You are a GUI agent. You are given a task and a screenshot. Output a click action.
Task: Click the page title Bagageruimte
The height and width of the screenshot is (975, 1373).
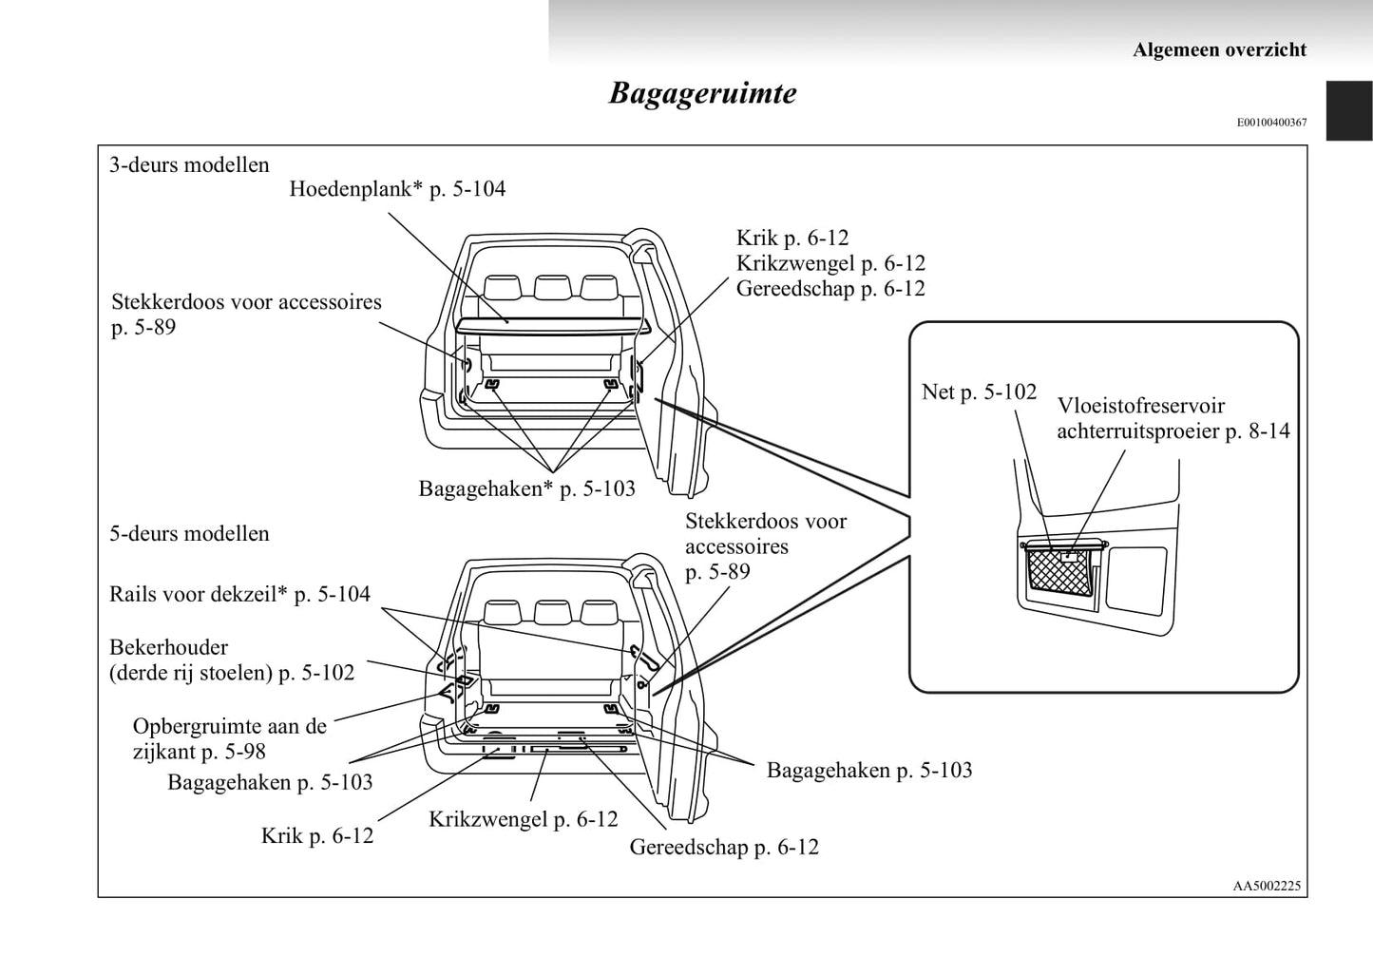click(x=702, y=93)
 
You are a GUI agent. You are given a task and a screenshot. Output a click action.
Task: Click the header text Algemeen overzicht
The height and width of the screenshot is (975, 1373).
click(x=1219, y=49)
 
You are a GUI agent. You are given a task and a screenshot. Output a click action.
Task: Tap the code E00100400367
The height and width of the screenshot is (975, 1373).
click(x=1271, y=123)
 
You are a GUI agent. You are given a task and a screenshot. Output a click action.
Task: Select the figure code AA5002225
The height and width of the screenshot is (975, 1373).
click(x=1267, y=885)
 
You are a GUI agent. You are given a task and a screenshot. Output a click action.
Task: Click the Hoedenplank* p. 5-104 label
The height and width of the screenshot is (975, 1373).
click(x=397, y=189)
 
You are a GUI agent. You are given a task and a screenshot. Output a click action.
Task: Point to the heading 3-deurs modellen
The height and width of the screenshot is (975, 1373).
click(x=189, y=164)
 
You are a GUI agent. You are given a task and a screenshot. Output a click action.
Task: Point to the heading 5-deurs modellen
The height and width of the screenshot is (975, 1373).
click(x=189, y=533)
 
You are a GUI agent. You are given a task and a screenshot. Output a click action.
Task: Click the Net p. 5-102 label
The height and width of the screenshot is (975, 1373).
click(x=979, y=392)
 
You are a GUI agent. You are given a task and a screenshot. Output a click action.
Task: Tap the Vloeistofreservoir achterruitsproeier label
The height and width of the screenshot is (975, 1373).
click(x=1173, y=418)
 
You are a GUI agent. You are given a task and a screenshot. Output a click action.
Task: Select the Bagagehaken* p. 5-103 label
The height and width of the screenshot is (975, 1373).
click(x=526, y=488)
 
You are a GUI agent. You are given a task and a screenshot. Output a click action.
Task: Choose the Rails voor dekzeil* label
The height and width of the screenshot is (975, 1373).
click(x=239, y=595)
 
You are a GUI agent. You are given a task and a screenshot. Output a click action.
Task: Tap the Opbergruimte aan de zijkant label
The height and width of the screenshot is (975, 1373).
click(x=229, y=738)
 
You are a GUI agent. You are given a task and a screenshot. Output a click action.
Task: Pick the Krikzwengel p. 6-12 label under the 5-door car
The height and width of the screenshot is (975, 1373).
click(x=523, y=819)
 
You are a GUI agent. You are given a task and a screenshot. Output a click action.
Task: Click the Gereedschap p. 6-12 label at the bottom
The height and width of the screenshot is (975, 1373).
click(x=723, y=847)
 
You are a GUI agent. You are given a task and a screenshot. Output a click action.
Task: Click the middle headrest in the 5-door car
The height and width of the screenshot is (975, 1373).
click(x=551, y=611)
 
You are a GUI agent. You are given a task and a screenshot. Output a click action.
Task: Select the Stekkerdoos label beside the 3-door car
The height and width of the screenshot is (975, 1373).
click(x=245, y=315)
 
